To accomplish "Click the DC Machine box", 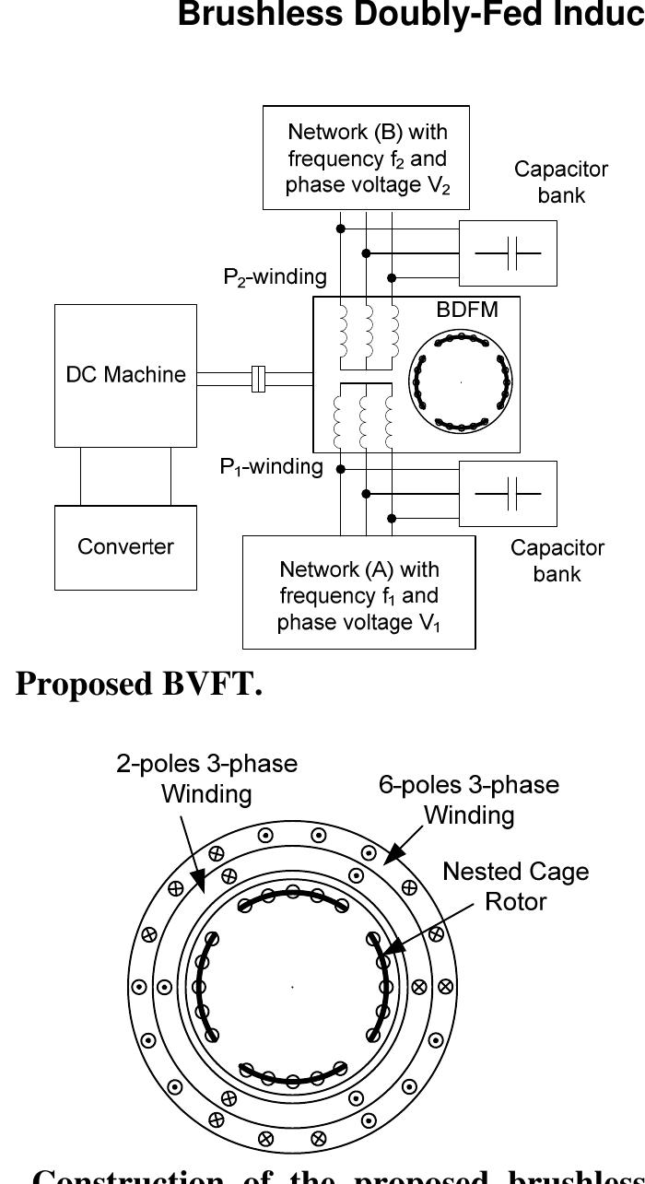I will (x=125, y=375).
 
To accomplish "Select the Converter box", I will (x=125, y=546).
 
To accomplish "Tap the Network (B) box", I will (x=367, y=158).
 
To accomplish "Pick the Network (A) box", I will (x=358, y=595).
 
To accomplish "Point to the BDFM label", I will (x=466, y=311).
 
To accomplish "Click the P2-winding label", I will (x=275, y=275).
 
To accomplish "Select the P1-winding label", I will (x=271, y=467).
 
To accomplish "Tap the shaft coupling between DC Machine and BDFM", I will (x=258, y=379).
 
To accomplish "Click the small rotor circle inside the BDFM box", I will (x=459, y=381).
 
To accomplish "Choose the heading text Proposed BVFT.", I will (x=138, y=685).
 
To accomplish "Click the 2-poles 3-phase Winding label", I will (x=206, y=779).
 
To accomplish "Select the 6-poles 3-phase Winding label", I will (x=468, y=800).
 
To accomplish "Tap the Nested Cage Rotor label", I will (x=515, y=885).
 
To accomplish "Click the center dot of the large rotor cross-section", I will (x=293, y=987).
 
